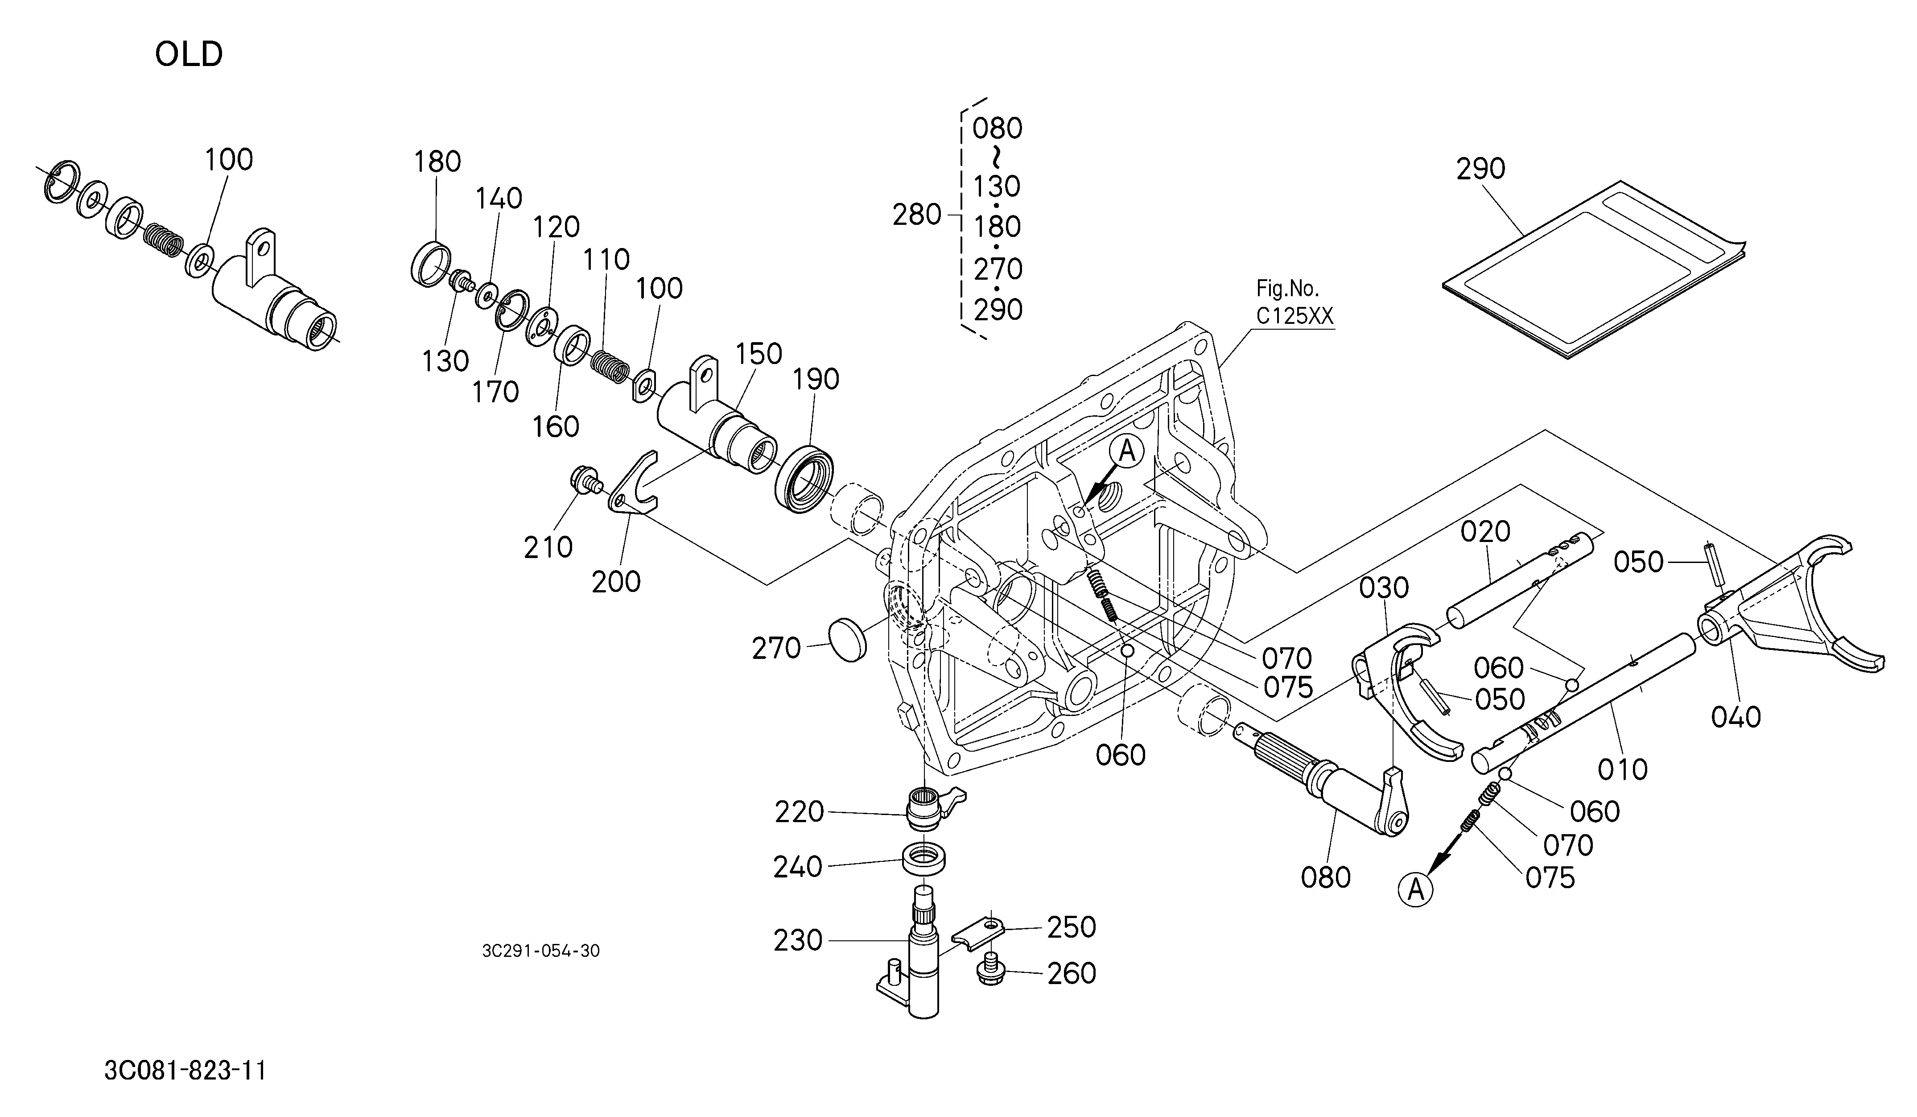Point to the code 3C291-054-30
pyautogui.click(x=541, y=951)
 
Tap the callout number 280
pyautogui.click(x=917, y=215)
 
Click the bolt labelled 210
pyautogui.click(x=586, y=482)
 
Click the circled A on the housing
pyautogui.click(x=1127, y=452)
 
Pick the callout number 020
pyautogui.click(x=1485, y=531)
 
